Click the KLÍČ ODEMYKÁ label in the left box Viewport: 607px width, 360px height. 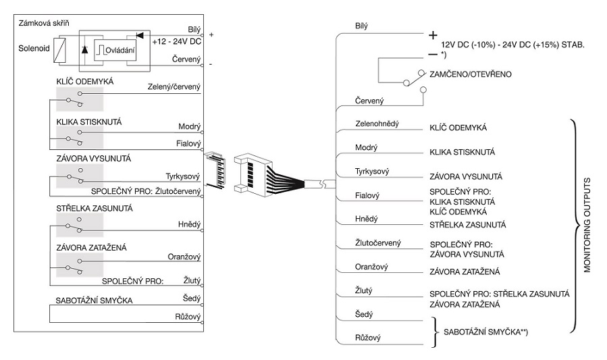(x=86, y=82)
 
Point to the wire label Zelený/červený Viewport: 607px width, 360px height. (x=174, y=87)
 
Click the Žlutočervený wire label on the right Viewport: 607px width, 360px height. (x=378, y=242)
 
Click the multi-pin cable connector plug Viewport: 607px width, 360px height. (x=253, y=172)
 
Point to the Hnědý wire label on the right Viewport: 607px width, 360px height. (x=367, y=220)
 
